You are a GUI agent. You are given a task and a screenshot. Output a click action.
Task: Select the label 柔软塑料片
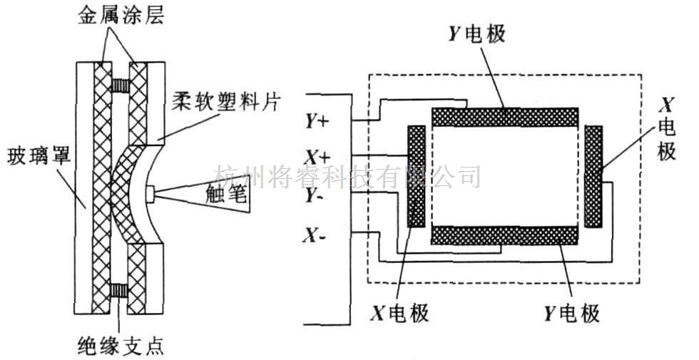pos(226,102)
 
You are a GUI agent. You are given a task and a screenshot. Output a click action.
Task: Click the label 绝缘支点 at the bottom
pos(121,345)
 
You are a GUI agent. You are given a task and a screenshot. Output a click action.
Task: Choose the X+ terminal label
pos(317,157)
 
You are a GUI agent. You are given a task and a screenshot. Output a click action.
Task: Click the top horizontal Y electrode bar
pos(505,117)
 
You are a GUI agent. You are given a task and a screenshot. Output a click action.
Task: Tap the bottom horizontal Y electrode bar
pos(505,235)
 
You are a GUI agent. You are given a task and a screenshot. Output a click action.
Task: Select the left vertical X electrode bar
pos(417,177)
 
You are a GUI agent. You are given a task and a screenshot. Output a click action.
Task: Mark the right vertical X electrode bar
pos(593,177)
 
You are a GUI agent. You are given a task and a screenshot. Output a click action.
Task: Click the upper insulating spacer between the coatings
pos(120,85)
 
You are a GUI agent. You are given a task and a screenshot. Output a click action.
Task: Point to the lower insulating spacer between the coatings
pos(119,291)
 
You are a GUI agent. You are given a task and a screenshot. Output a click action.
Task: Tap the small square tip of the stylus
pos(150,193)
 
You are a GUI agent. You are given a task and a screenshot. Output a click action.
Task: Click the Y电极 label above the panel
pos(476,33)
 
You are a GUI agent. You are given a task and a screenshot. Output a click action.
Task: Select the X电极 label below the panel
pos(400,313)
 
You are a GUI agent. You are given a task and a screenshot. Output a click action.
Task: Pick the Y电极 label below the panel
pos(571,313)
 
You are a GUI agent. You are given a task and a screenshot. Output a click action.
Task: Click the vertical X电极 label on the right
pos(667,129)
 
